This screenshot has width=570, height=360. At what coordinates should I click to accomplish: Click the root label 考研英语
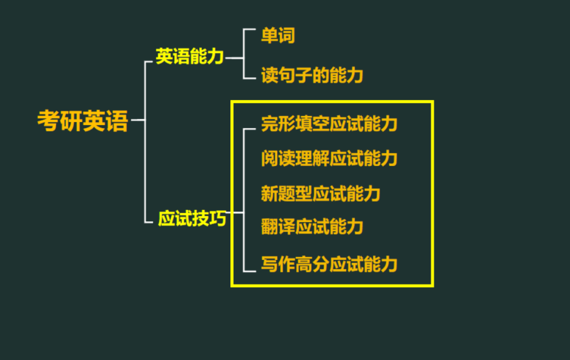82,121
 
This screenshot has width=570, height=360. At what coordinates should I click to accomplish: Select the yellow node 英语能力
190,57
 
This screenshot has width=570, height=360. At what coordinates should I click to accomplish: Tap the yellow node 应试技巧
192,219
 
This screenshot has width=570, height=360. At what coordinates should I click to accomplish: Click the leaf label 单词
278,36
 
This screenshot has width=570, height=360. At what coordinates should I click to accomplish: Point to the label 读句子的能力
312,76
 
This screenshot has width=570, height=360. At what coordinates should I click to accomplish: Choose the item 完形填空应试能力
329,124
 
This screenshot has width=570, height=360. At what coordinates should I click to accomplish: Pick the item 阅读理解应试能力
329,159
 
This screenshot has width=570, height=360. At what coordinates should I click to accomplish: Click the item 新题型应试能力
320,194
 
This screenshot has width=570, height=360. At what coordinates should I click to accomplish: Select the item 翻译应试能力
312,227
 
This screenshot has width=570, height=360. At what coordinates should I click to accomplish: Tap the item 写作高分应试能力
329,264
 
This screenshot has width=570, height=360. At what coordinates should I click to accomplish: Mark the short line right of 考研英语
137,120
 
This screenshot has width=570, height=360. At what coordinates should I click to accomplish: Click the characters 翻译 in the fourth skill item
278,227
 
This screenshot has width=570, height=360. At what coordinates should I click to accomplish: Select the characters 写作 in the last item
278,264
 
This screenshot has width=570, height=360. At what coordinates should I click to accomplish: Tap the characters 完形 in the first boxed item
278,124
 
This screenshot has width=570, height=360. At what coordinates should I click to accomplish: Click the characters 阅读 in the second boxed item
278,159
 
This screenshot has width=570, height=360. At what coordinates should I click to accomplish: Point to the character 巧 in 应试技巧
218,219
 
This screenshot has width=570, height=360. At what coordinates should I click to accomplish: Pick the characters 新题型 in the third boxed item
286,194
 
